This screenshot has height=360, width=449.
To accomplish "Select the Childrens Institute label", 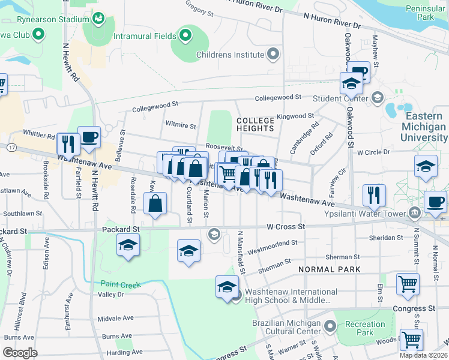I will pyautogui.click(x=231, y=55).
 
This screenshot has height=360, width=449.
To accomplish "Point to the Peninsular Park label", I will pyautogui.click(x=427, y=13).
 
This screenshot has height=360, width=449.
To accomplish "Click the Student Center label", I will pyautogui.click(x=340, y=98).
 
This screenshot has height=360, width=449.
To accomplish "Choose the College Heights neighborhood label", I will pyautogui.click(x=255, y=124).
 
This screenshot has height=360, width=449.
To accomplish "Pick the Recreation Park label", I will pyautogui.click(x=365, y=328).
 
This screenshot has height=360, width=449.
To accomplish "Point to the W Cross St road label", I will pyautogui.click(x=286, y=227).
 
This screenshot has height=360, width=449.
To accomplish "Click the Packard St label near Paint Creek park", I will pyautogui.click(x=121, y=229).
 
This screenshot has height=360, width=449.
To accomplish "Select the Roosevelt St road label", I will pyautogui.click(x=223, y=146).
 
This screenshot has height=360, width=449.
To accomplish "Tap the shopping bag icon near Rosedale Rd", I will pyautogui.click(x=155, y=203).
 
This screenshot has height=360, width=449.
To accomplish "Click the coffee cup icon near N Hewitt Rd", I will pyautogui.click(x=89, y=137).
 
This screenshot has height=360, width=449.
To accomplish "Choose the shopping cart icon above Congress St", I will pyautogui.click(x=408, y=283).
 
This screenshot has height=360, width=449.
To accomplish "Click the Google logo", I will pyautogui.click(x=20, y=353).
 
